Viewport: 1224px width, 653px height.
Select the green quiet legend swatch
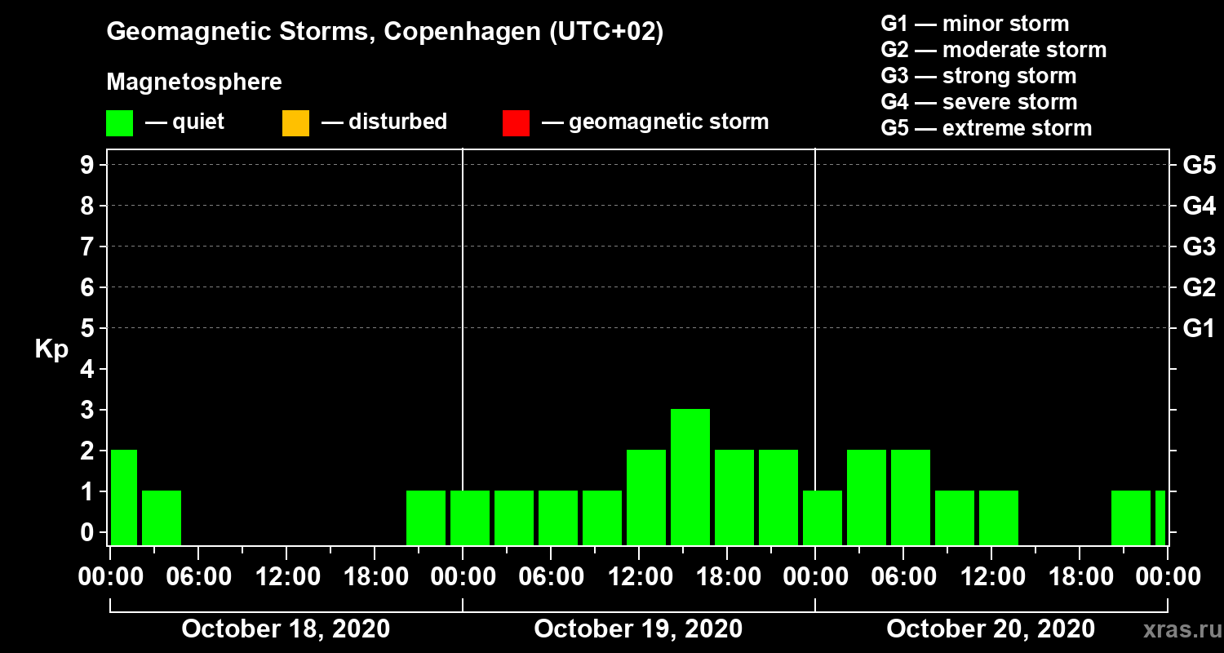click(x=119, y=122)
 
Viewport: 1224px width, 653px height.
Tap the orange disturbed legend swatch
click(x=295, y=122)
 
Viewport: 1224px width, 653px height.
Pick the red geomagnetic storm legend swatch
click(x=516, y=122)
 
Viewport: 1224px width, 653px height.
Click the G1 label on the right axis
click(x=1199, y=329)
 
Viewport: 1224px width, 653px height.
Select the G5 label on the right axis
click(x=1199, y=166)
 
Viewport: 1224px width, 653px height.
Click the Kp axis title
click(x=51, y=349)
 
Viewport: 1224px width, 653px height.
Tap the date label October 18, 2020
click(x=286, y=629)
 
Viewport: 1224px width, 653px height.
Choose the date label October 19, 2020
click(x=638, y=629)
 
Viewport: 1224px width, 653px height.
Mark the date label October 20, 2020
click(x=991, y=629)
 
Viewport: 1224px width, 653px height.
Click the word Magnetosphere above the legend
click(x=194, y=82)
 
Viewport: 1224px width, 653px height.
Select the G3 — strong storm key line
click(x=978, y=76)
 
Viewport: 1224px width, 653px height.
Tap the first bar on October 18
click(x=123, y=496)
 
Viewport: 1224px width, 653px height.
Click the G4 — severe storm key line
click(x=979, y=102)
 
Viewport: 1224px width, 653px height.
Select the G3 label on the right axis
click(x=1199, y=247)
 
